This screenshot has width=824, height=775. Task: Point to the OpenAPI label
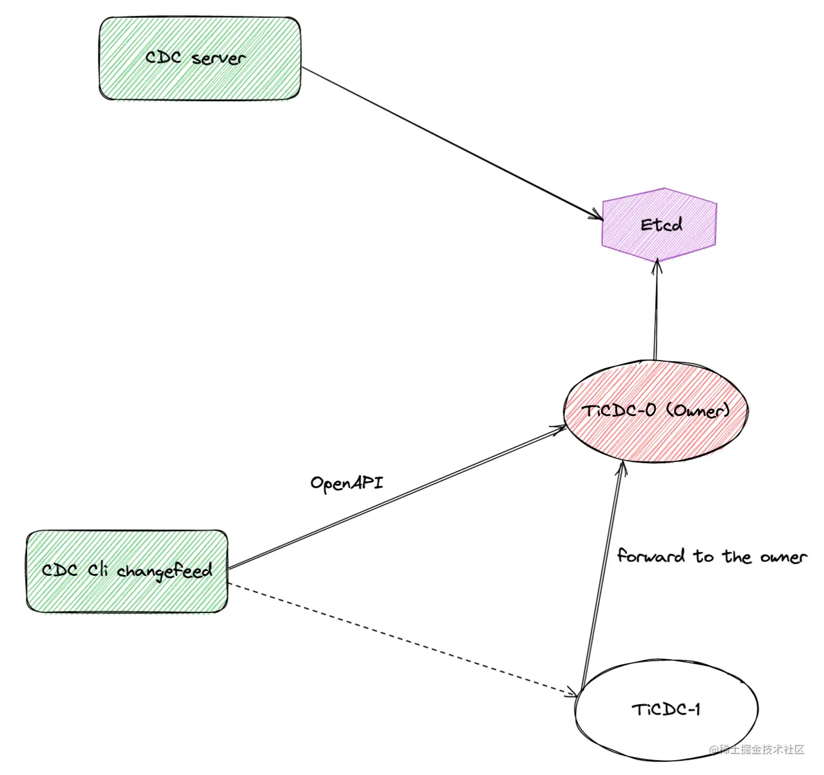pyautogui.click(x=346, y=482)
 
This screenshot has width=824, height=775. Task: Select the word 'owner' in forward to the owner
pyautogui.click(x=783, y=557)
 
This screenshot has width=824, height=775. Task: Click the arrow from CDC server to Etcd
pyautogui.click(x=447, y=141)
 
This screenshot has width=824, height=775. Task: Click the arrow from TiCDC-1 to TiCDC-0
pyautogui.click(x=602, y=572)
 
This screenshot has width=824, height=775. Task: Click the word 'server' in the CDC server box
pyautogui.click(x=218, y=58)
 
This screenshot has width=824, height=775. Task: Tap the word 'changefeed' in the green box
pyautogui.click(x=164, y=571)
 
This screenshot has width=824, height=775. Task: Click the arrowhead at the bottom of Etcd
pyautogui.click(x=657, y=265)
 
